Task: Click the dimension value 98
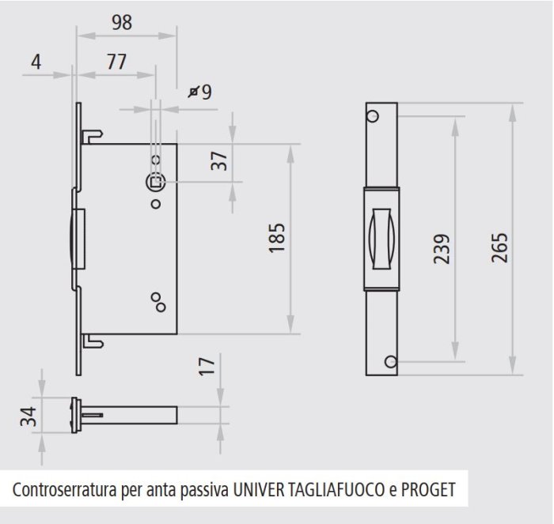click(122, 22)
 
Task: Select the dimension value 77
click(116, 62)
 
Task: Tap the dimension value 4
click(36, 62)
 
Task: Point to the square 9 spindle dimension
click(200, 92)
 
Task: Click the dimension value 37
click(219, 160)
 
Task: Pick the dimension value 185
click(277, 238)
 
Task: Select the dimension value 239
click(442, 249)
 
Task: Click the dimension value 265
click(499, 247)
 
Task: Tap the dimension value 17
click(207, 366)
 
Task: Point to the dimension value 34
click(28, 417)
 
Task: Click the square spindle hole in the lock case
click(156, 183)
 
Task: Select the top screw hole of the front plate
click(373, 115)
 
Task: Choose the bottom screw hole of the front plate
click(391, 362)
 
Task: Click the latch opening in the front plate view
click(381, 239)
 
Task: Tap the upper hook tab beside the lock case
click(93, 136)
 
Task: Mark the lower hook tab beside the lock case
click(93, 341)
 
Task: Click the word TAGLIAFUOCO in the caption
click(336, 490)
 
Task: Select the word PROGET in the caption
click(428, 490)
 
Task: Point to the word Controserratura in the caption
click(65, 490)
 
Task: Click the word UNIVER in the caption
click(259, 490)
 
